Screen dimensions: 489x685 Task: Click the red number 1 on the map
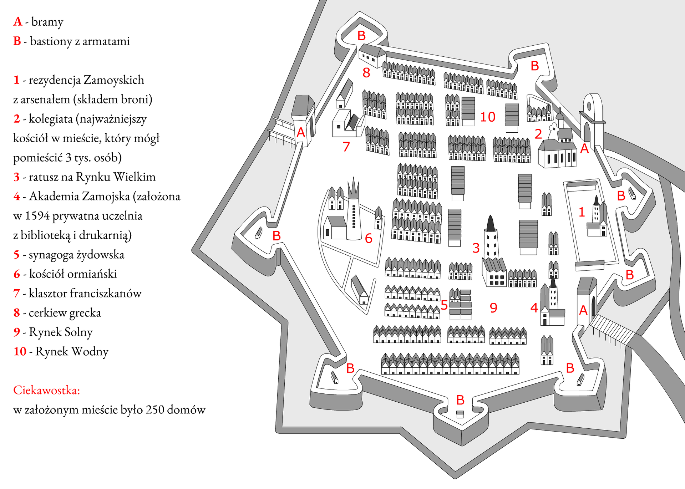click(582, 212)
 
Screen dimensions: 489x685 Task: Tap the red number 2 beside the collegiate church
click(538, 134)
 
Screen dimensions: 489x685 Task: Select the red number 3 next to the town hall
click(476, 248)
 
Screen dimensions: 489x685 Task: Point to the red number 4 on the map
click(534, 307)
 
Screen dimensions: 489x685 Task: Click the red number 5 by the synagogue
click(444, 305)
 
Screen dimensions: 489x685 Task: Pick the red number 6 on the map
click(369, 238)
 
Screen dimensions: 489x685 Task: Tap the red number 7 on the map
click(346, 147)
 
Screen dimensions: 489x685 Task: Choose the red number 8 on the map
click(366, 73)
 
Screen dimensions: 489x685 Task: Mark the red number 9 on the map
click(493, 307)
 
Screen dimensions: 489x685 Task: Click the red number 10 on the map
click(488, 117)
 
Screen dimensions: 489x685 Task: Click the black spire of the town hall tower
click(491, 223)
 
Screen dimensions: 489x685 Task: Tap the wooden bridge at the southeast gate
click(612, 330)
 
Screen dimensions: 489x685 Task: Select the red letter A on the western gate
click(301, 132)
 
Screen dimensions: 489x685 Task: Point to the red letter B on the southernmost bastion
click(460, 400)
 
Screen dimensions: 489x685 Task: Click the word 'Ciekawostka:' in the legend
click(46, 390)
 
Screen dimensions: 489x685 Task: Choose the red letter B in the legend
click(17, 41)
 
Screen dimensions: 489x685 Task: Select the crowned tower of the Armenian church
click(354, 210)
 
